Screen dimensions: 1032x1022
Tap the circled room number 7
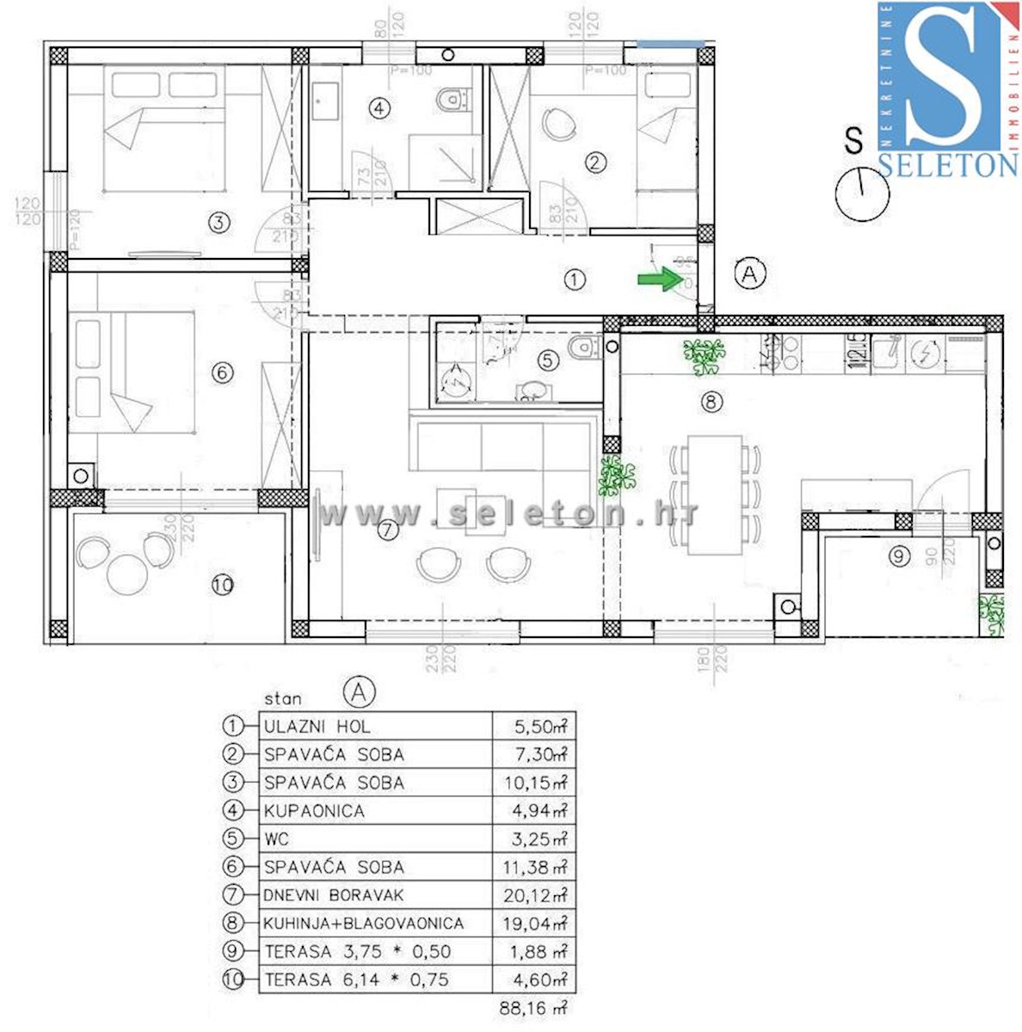pyautogui.click(x=388, y=530)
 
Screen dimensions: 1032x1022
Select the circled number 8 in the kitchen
pyautogui.click(x=711, y=401)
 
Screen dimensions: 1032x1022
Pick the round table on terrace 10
pyautogui.click(x=129, y=571)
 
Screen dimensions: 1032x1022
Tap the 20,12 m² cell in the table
pyautogui.click(x=533, y=895)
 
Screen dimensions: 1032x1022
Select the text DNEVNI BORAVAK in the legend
pyautogui.click(x=333, y=895)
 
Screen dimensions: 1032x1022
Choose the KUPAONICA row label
pyautogui.click(x=314, y=811)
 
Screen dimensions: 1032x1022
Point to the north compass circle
pyautogui.click(x=862, y=194)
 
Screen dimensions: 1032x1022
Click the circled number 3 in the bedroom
pyautogui.click(x=219, y=223)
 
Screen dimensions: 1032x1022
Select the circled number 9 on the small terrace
pyautogui.click(x=899, y=556)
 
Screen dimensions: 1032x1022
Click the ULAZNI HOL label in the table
pyautogui.click(x=317, y=727)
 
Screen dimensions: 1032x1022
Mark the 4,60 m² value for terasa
pyautogui.click(x=533, y=980)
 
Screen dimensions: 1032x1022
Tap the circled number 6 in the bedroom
pyautogui.click(x=222, y=372)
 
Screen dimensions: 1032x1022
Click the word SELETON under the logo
pyautogui.click(x=948, y=164)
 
